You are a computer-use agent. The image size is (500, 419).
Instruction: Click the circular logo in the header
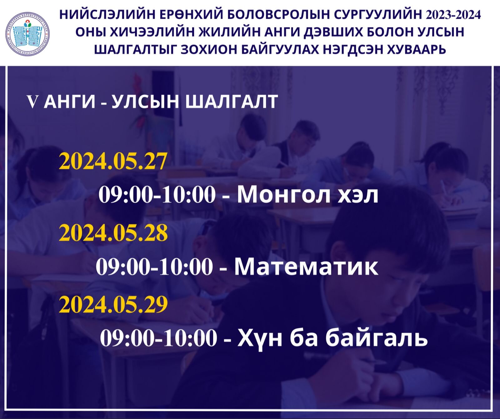(27, 34)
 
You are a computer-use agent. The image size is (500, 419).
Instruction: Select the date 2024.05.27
(113, 161)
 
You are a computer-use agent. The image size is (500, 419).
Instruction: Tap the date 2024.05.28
(113, 233)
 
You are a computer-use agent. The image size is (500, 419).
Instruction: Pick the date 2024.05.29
(113, 305)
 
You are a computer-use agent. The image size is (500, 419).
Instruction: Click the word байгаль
(377, 338)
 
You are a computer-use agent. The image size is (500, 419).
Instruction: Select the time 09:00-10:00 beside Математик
(154, 267)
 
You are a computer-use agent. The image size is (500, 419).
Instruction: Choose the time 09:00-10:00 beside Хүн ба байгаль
(158, 338)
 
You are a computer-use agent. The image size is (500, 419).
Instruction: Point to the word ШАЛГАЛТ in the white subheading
(232, 102)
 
